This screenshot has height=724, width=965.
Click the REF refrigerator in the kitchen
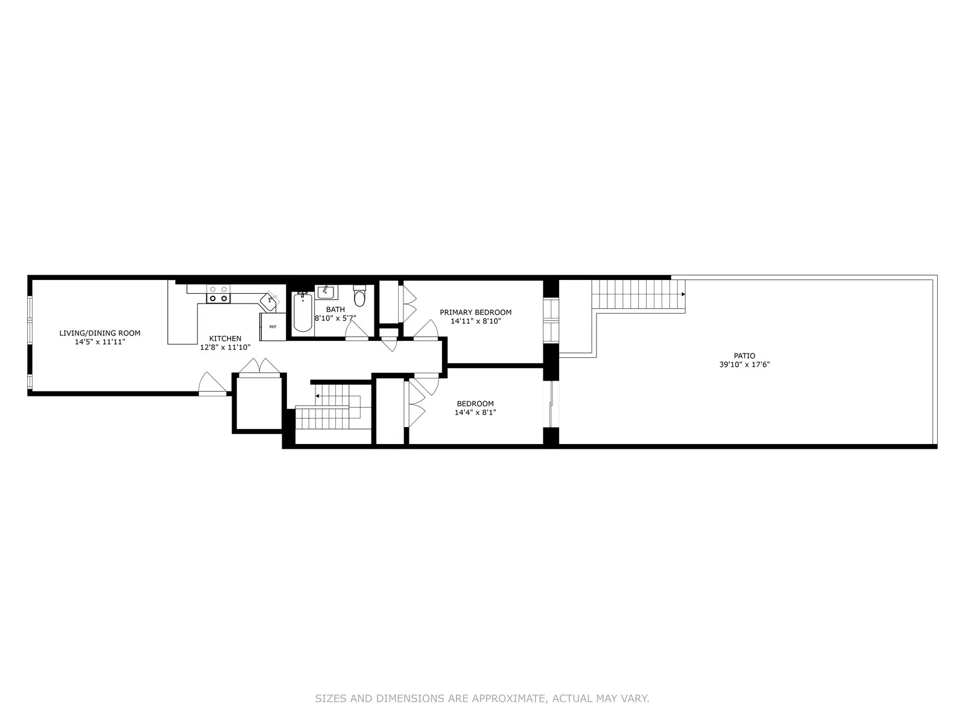[x=273, y=326]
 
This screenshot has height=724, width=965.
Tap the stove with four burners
[x=218, y=294]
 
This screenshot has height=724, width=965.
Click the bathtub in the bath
[x=302, y=313]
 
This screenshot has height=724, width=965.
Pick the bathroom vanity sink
[x=326, y=293]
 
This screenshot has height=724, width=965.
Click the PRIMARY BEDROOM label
[x=475, y=312]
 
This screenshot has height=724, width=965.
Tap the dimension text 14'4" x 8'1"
[x=475, y=413]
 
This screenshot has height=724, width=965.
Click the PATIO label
[x=744, y=356]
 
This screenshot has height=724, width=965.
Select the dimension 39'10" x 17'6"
[x=744, y=364]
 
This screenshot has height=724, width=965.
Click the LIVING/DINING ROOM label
[x=100, y=333]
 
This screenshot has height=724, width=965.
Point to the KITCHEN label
[x=225, y=338]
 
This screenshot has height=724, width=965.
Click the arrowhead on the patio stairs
[x=683, y=294]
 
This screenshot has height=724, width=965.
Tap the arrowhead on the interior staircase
[x=317, y=396]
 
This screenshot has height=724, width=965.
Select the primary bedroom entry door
[x=426, y=330]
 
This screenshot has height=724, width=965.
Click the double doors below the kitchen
[x=260, y=366]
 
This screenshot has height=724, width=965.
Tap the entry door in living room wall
[x=212, y=384]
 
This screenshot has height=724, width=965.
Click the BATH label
[x=335, y=310]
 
